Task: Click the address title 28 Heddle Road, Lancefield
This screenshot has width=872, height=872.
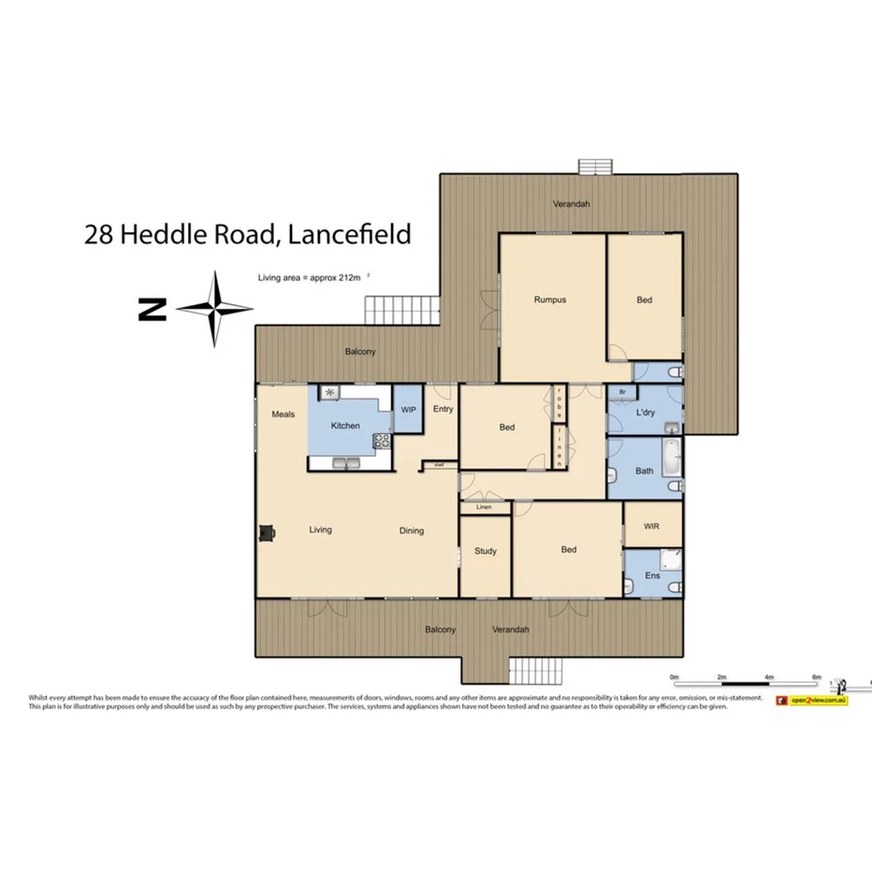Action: click(247, 234)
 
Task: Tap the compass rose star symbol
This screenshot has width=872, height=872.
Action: click(215, 309)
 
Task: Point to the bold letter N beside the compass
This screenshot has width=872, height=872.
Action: click(152, 310)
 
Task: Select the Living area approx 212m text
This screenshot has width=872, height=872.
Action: click(312, 278)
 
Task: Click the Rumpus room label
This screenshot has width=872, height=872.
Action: click(550, 300)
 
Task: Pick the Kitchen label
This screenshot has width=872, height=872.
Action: click(345, 426)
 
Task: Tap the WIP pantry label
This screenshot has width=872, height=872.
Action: click(408, 410)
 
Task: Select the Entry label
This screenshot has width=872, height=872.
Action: click(443, 409)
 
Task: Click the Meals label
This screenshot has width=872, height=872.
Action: click(283, 414)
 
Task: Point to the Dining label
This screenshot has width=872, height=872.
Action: click(412, 530)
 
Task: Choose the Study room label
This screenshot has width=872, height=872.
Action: click(485, 551)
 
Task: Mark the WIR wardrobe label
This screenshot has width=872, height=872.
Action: click(652, 527)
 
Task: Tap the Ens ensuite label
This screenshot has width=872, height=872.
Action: click(652, 575)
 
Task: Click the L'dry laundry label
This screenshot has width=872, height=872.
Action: click(645, 413)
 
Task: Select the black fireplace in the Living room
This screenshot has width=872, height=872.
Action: click(268, 532)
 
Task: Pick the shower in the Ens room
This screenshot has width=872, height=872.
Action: click(670, 560)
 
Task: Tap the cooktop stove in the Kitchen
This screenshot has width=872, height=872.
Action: click(381, 441)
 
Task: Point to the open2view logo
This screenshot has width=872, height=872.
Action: click(811, 699)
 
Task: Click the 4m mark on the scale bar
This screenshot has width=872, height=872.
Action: click(769, 676)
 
